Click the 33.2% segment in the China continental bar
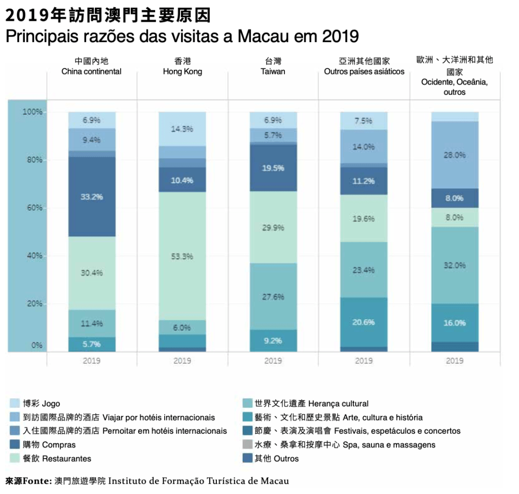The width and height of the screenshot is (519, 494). click(x=92, y=196)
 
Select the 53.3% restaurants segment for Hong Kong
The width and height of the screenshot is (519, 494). click(x=182, y=256)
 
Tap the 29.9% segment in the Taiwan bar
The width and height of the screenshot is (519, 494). click(x=273, y=227)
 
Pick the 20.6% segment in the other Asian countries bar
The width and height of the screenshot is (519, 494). click(x=364, y=322)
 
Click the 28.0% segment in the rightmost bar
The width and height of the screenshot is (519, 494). click(x=455, y=155)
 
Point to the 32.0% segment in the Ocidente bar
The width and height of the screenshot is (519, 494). click(x=455, y=265)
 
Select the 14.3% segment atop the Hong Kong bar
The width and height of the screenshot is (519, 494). click(x=182, y=129)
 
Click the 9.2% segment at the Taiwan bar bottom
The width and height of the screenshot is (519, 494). click(x=273, y=340)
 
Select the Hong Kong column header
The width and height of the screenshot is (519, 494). click(x=182, y=66)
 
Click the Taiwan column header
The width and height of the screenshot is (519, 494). click(x=273, y=66)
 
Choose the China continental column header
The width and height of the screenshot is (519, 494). click(x=92, y=66)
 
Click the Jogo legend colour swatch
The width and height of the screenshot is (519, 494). click(x=14, y=404)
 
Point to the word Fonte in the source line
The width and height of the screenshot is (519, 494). click(x=38, y=481)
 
